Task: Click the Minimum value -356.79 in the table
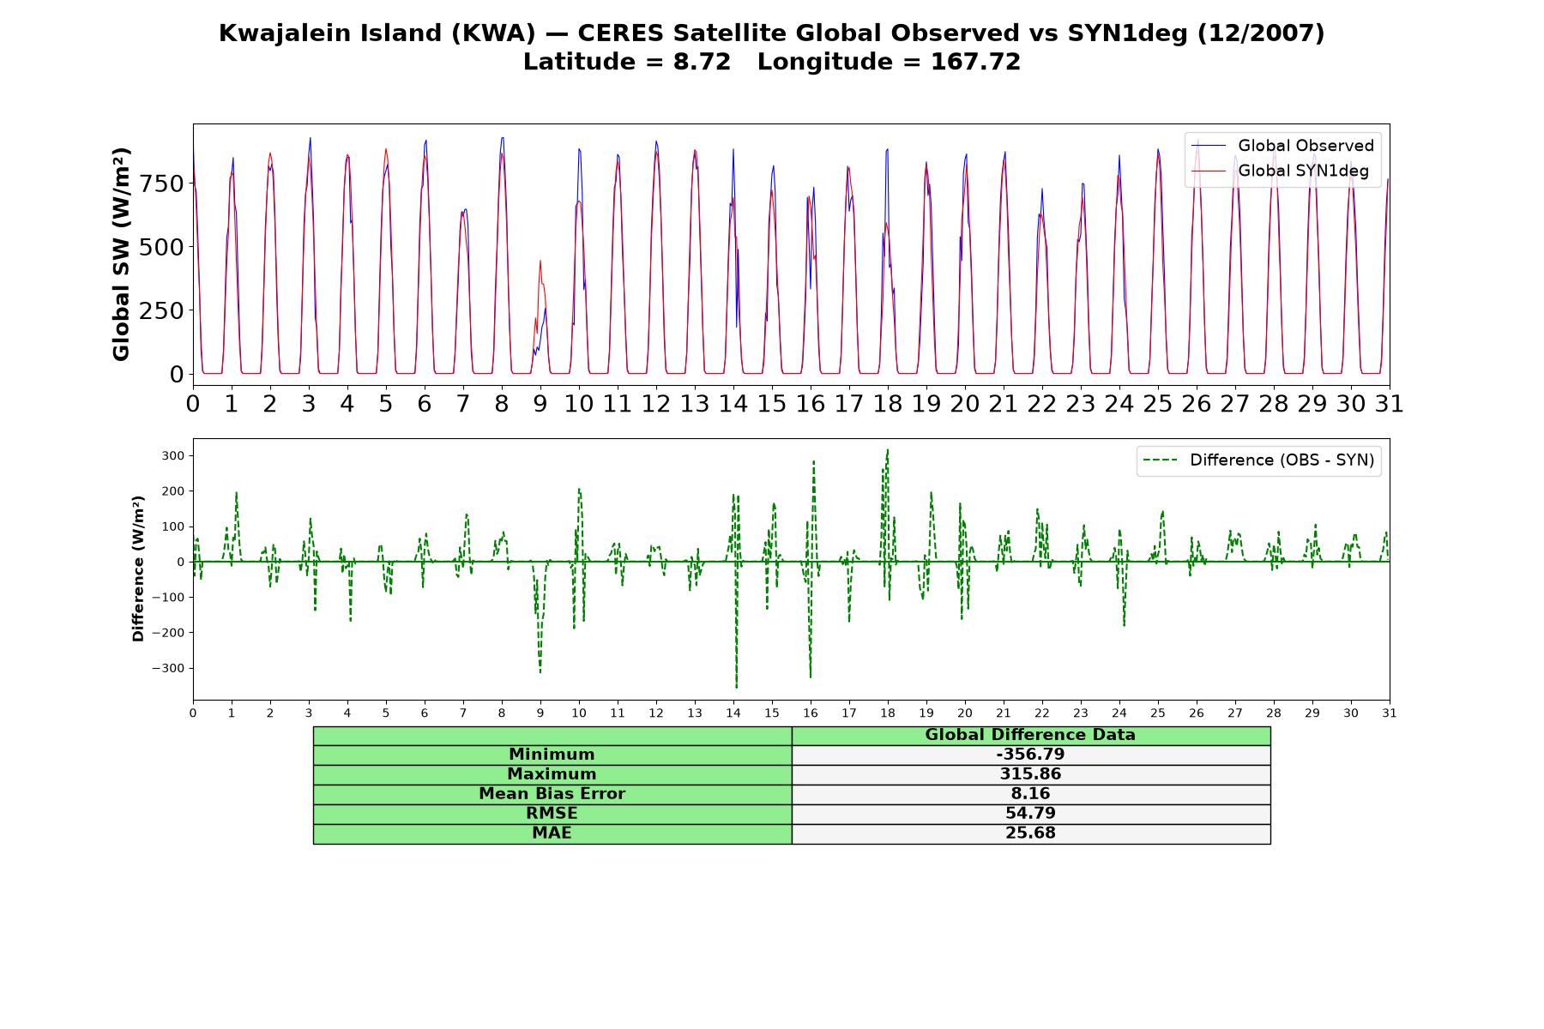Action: click(1030, 755)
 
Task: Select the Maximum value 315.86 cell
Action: click(1030, 774)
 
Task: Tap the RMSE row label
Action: click(552, 814)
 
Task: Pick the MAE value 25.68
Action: click(1030, 833)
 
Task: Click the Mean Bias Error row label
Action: click(552, 794)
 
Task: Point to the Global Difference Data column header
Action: click(1030, 735)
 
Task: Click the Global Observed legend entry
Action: click(1282, 146)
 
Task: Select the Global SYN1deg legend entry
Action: click(1280, 171)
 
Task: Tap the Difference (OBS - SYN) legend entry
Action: click(1259, 460)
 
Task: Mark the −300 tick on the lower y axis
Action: click(168, 668)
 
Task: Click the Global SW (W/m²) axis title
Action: click(121, 255)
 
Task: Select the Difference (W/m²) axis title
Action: click(138, 569)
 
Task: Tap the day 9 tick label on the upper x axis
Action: click(540, 404)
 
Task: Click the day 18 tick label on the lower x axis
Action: click(888, 713)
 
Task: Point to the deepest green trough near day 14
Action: click(736, 687)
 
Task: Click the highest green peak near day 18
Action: click(887, 449)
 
